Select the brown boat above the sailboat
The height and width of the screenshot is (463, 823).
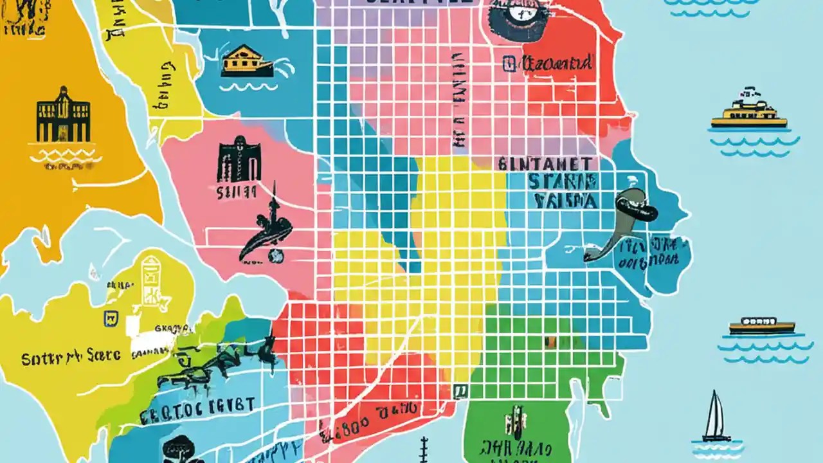point(762,326)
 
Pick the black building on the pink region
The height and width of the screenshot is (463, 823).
point(239,159)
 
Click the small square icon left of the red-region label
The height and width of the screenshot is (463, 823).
point(509,63)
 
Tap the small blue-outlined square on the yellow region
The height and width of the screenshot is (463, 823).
point(109,317)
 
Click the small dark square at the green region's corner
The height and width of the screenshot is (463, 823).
point(460,389)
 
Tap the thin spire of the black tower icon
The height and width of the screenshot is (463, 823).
point(273,196)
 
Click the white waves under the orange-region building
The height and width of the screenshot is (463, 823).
point(65,156)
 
